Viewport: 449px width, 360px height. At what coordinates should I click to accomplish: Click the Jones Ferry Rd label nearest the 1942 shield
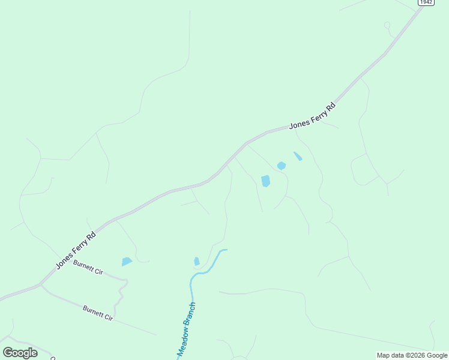pyautogui.click(x=312, y=116)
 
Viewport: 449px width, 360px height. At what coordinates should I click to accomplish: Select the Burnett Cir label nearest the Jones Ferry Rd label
pyautogui.click(x=88, y=267)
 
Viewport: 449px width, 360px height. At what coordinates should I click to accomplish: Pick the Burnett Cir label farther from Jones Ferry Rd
pyautogui.click(x=98, y=313)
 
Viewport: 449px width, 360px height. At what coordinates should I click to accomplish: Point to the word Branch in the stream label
pyautogui.click(x=191, y=315)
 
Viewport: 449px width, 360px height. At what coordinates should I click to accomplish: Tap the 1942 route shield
pyautogui.click(x=426, y=2)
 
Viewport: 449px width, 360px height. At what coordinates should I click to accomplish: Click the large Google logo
pyautogui.click(x=20, y=353)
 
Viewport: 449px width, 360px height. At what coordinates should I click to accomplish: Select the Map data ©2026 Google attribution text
pyautogui.click(x=412, y=355)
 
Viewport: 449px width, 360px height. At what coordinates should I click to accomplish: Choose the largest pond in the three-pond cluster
pyautogui.click(x=266, y=181)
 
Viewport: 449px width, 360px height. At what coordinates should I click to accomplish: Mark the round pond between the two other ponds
pyautogui.click(x=282, y=166)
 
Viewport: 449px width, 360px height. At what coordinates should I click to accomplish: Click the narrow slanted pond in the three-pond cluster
pyautogui.click(x=298, y=156)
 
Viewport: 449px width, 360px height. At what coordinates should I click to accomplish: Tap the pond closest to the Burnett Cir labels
pyautogui.click(x=127, y=262)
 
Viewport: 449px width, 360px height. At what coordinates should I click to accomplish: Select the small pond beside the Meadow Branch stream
pyautogui.click(x=197, y=261)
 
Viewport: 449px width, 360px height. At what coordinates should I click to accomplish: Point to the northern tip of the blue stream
pyautogui.click(x=226, y=250)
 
